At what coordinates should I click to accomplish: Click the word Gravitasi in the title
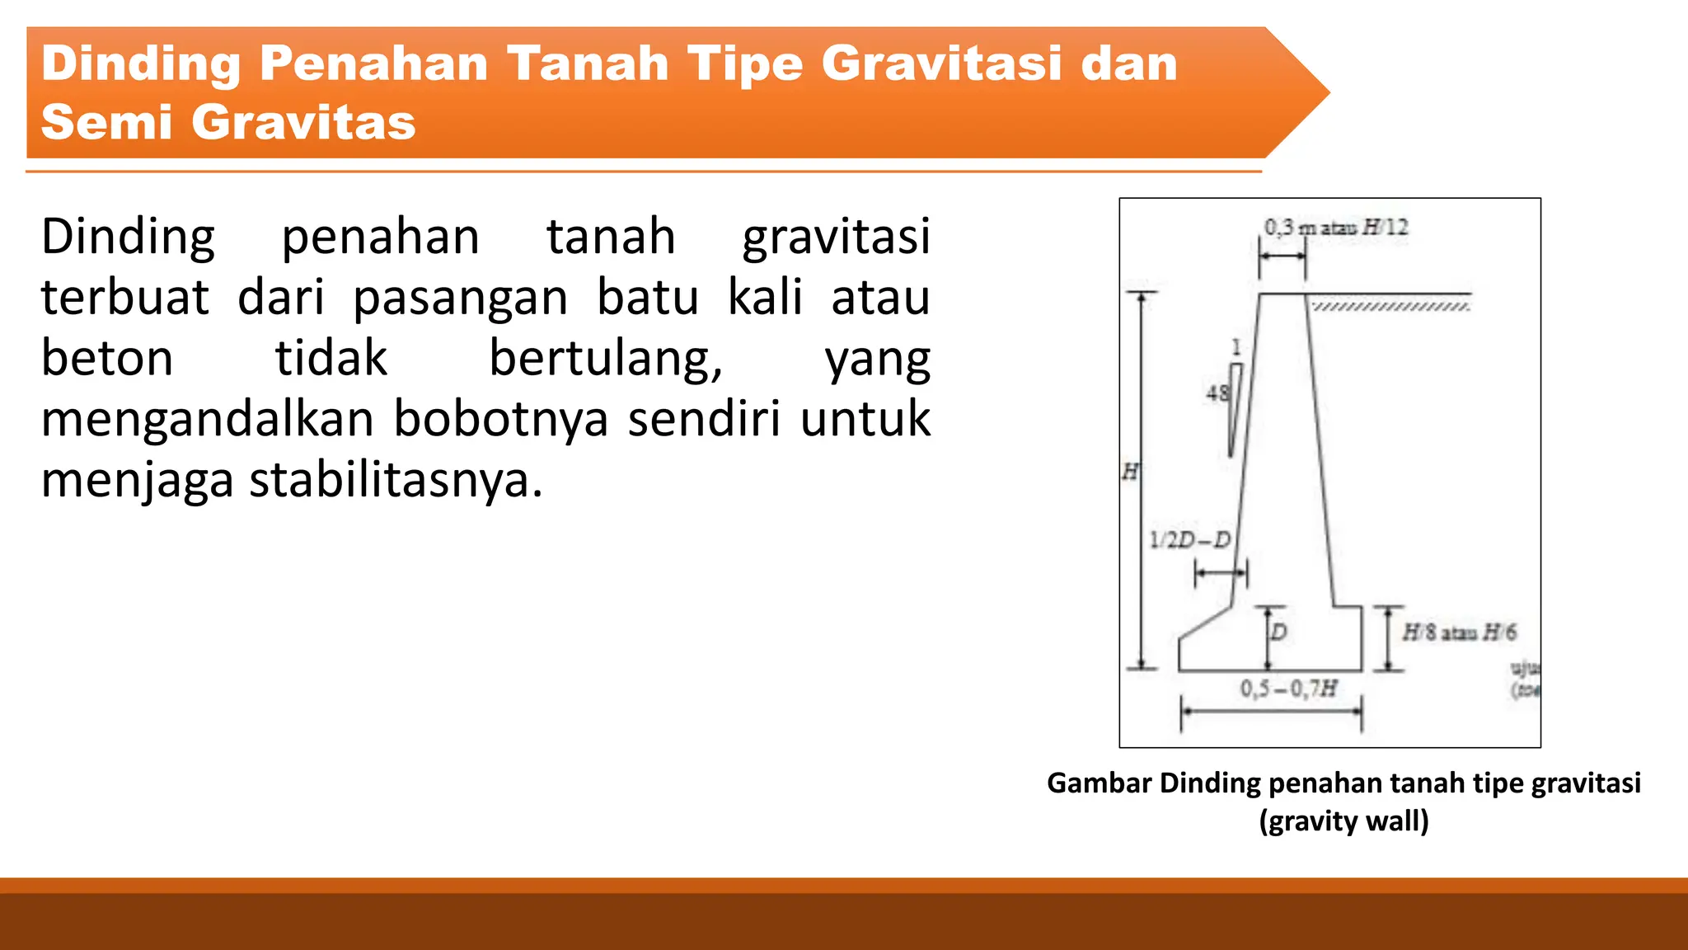941,63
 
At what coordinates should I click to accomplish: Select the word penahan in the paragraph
380,237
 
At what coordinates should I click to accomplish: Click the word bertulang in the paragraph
606,358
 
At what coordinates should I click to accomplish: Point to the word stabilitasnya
396,479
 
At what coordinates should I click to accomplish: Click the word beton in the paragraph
107,358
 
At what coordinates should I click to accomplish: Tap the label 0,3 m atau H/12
1336,228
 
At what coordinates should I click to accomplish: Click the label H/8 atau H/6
1459,633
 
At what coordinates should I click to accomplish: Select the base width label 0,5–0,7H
1288,688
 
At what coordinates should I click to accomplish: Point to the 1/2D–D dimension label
1189,540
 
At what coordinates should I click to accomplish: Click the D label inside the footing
1278,633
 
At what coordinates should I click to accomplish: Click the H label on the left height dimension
1130,472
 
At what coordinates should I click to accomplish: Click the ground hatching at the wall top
1390,307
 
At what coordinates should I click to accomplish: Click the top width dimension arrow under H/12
1282,256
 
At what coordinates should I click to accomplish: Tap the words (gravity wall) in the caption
1343,821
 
